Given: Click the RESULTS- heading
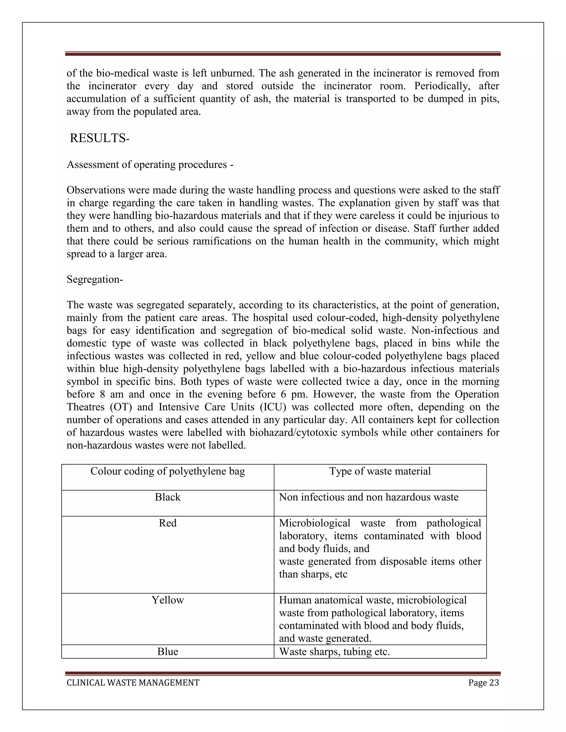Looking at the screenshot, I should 99,138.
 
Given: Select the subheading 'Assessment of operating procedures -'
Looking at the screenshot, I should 150,165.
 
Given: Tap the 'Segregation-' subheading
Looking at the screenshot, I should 95,279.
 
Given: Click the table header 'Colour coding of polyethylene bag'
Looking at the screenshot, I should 168,471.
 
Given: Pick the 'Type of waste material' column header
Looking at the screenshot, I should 380,471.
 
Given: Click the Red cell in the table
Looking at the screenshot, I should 168,523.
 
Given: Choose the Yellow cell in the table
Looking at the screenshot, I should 168,600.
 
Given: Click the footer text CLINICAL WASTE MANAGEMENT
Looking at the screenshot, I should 133,683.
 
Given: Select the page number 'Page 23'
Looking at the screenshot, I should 484,683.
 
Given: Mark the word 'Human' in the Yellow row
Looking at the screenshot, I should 294,600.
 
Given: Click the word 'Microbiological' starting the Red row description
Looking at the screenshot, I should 315,523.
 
